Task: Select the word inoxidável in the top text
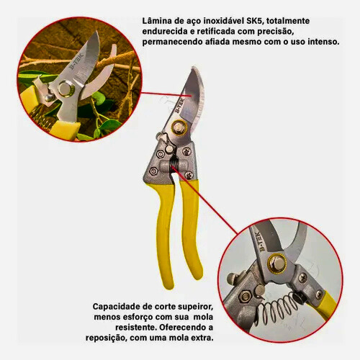click(x=224, y=21)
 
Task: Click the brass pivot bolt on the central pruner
click(x=179, y=127)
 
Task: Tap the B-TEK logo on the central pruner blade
click(x=179, y=106)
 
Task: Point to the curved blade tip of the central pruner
click(x=194, y=68)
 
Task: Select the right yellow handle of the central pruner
click(x=191, y=229)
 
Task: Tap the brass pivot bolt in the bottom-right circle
click(x=277, y=263)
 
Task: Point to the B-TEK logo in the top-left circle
click(x=76, y=61)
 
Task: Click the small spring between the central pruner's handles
click(x=172, y=164)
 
